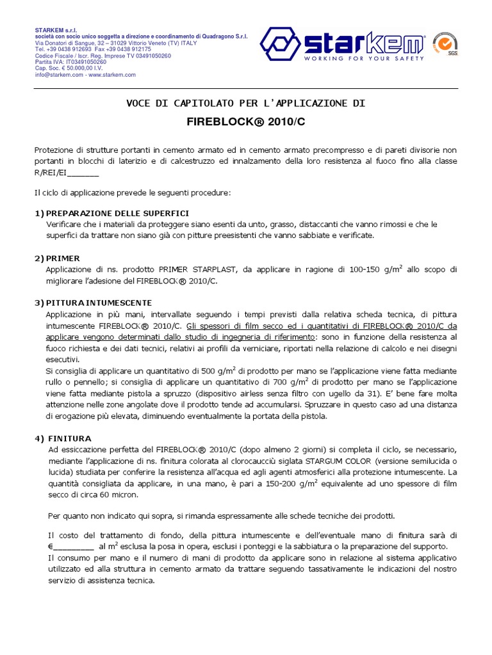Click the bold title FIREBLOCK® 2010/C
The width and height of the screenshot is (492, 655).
245,120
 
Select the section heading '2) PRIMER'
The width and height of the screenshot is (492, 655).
58,258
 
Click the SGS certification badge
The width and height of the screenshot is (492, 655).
445,44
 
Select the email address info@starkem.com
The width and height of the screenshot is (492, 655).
59,75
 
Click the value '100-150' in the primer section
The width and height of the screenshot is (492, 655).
365,270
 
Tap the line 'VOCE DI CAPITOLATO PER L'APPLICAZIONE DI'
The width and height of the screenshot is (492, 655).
246,103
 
